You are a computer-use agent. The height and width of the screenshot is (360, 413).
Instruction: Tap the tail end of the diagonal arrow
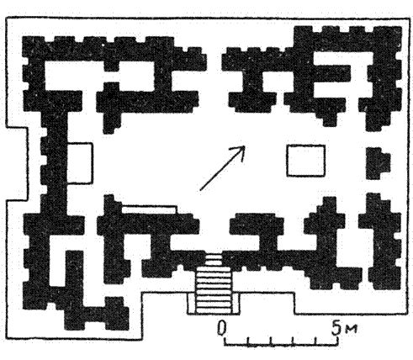(200, 190)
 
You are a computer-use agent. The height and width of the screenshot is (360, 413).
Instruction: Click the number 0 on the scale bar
(222, 328)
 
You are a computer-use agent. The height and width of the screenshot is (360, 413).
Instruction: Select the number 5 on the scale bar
(336, 327)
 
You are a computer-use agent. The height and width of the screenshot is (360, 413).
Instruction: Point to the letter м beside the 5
(350, 329)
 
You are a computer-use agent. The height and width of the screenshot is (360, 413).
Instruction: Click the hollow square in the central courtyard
(306, 161)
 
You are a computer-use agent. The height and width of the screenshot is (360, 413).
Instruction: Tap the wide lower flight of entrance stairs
(214, 290)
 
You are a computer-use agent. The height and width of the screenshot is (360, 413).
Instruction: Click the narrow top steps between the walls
(214, 259)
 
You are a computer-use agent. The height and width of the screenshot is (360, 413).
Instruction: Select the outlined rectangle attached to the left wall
(80, 163)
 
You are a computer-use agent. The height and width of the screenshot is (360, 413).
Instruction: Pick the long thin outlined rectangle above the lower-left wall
(150, 209)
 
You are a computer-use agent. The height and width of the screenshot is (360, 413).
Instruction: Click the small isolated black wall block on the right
(378, 163)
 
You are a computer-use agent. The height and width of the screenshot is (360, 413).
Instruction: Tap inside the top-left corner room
(74, 75)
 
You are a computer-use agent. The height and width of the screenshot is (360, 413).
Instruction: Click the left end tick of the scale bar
(225, 341)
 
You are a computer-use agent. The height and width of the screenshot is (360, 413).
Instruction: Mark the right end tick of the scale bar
(338, 341)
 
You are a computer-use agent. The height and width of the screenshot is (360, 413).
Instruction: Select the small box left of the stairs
(192, 303)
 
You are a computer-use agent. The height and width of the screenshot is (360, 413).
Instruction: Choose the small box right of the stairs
(236, 303)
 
